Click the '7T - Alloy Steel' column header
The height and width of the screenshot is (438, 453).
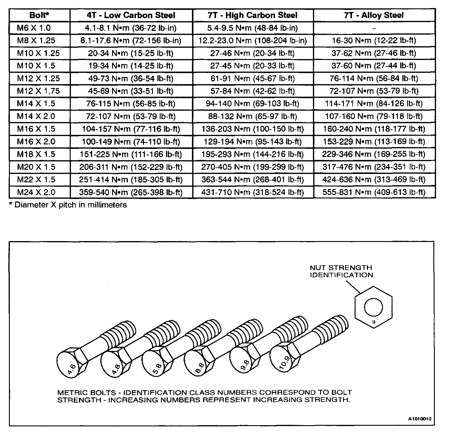pyautogui.click(x=374, y=15)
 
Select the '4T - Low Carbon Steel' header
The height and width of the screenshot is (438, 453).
pyautogui.click(x=131, y=15)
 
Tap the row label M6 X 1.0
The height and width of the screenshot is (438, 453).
pyautogui.click(x=34, y=28)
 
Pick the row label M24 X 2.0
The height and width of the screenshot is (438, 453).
pyautogui.click(x=36, y=192)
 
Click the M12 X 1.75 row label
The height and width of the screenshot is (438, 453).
pyautogui.click(x=38, y=91)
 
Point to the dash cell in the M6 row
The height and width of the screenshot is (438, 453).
pyautogui.click(x=374, y=28)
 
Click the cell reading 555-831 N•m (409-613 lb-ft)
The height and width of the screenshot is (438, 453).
pyautogui.click(x=374, y=192)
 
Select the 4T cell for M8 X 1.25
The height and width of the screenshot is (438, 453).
pyautogui.click(x=131, y=41)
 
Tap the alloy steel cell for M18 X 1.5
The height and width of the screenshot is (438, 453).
pyautogui.click(x=374, y=154)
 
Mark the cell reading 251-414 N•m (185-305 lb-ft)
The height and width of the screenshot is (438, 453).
pyautogui.click(x=131, y=180)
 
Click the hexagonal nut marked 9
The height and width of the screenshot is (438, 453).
pyautogui.click(x=373, y=307)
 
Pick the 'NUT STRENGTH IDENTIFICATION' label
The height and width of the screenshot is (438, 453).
pyautogui.click(x=341, y=271)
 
